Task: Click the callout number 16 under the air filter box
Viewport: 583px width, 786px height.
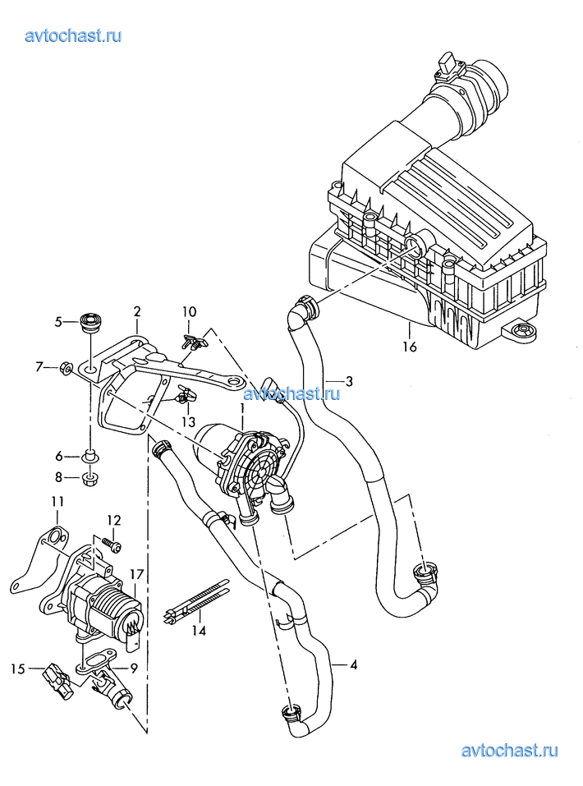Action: click(x=410, y=347)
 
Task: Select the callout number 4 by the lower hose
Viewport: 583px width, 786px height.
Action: click(x=353, y=665)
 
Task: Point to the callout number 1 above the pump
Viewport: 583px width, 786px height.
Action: click(x=242, y=408)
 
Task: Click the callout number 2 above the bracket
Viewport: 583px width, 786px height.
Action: click(x=137, y=311)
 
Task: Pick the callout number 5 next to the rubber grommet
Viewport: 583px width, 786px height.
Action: click(x=59, y=322)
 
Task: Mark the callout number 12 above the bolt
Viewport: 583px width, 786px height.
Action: click(x=113, y=520)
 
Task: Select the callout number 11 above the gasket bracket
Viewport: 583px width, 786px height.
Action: click(x=57, y=502)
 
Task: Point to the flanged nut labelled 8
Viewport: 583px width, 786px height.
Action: click(x=90, y=476)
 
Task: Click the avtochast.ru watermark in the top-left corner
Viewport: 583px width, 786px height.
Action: click(x=74, y=35)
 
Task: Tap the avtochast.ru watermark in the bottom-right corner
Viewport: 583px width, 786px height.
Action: click(x=510, y=750)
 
